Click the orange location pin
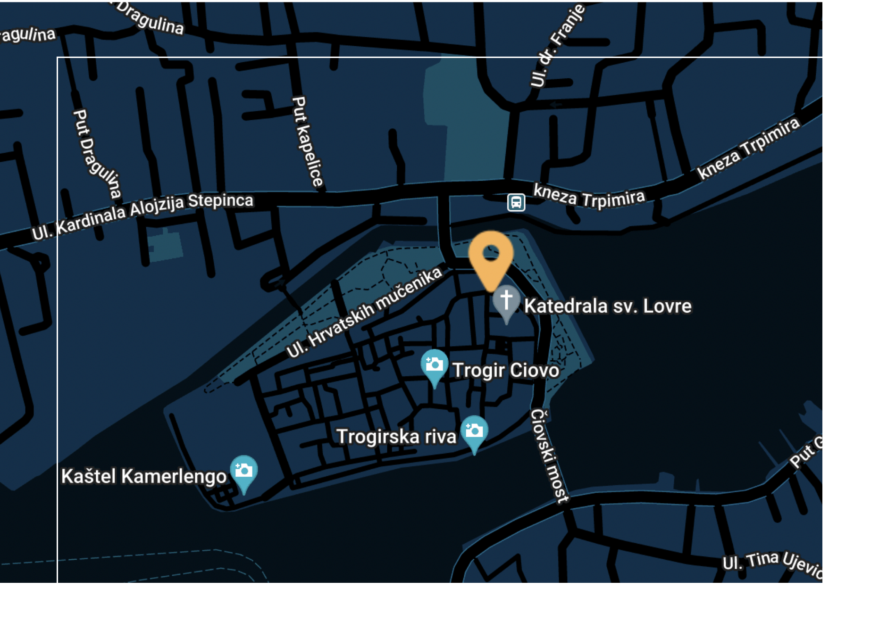click(491, 257)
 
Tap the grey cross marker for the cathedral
click(506, 301)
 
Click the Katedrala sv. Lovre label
click(608, 306)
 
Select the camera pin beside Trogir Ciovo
click(434, 365)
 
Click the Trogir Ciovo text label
click(506, 370)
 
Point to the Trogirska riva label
click(396, 437)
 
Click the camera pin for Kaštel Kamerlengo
click(243, 471)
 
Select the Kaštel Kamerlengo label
click(144, 476)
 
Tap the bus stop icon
click(516, 203)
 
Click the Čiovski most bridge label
click(549, 455)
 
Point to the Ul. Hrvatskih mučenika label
click(364, 313)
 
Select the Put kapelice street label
click(307, 141)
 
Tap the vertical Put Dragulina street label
click(96, 154)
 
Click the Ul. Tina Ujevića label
click(772, 563)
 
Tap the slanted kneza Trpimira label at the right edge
click(748, 148)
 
